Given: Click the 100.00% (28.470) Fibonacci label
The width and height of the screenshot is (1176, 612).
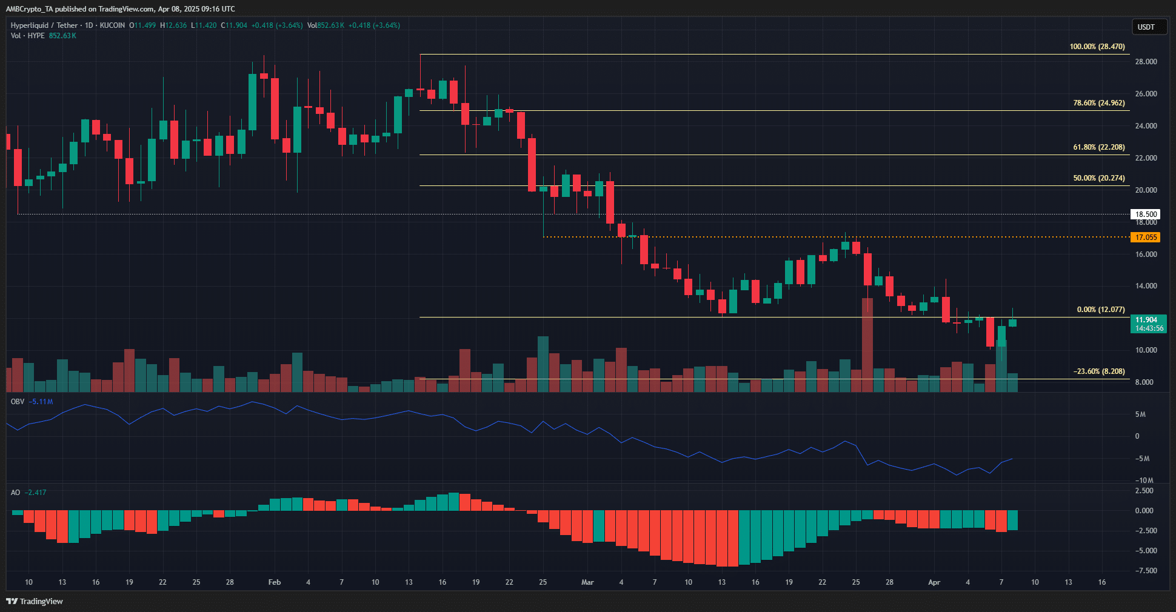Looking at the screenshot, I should pyautogui.click(x=1097, y=47).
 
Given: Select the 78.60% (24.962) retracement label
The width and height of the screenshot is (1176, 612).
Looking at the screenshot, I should pyautogui.click(x=1098, y=103).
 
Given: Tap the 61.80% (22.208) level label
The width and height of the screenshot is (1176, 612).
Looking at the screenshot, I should pyautogui.click(x=1098, y=147).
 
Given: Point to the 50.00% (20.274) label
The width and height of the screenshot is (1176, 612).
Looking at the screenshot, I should pyautogui.click(x=1098, y=178).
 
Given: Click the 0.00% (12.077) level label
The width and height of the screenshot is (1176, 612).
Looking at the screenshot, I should pyautogui.click(x=1100, y=310).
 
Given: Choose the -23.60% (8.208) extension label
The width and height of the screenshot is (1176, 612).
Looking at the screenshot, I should pyautogui.click(x=1098, y=371).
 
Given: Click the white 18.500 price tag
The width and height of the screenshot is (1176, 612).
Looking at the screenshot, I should pyautogui.click(x=1146, y=215).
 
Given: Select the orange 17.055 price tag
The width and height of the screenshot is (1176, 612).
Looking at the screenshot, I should pyautogui.click(x=1146, y=238).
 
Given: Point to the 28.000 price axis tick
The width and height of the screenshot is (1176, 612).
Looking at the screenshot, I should pyautogui.click(x=1146, y=62).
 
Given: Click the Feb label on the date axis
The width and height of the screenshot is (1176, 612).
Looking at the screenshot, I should pyautogui.click(x=275, y=582).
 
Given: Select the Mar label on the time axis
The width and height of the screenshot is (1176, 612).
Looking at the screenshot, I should pyautogui.click(x=587, y=582).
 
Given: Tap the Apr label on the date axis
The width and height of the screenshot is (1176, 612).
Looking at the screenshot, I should pyautogui.click(x=934, y=582).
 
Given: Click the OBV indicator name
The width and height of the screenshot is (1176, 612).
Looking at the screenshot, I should pyautogui.click(x=18, y=402).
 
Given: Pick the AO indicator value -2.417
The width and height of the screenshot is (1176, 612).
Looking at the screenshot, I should pyautogui.click(x=37, y=493).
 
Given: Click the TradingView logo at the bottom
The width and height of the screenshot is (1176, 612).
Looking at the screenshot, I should pyautogui.click(x=35, y=601).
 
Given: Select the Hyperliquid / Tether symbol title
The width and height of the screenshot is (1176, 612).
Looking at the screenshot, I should pyautogui.click(x=44, y=25).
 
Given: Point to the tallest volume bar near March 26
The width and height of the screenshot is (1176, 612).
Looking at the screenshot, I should pyautogui.click(x=867, y=345).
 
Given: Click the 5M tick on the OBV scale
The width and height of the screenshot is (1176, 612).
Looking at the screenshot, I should pyautogui.click(x=1140, y=414).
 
